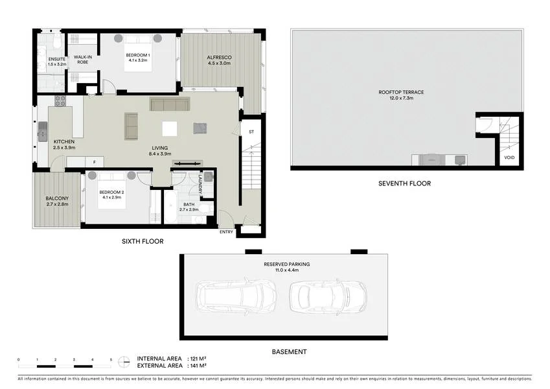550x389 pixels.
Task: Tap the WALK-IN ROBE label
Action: [82, 59]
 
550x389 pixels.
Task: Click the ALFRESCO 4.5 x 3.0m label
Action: [220, 60]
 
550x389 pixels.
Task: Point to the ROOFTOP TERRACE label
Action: [401, 92]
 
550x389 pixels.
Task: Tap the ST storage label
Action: [251, 132]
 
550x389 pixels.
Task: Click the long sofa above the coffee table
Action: [170, 104]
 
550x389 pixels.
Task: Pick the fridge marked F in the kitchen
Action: [94, 162]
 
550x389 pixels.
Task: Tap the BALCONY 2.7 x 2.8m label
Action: [57, 201]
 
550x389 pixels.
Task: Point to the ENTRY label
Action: [226, 232]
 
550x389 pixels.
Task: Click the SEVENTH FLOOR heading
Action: [404, 183]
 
